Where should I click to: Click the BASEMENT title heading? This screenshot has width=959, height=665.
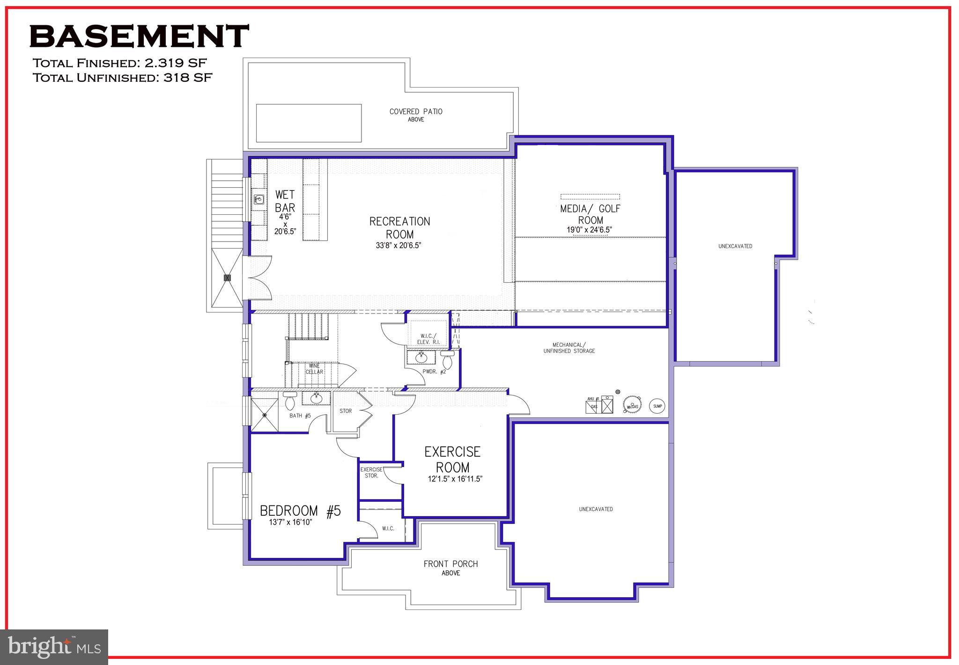[x=139, y=37]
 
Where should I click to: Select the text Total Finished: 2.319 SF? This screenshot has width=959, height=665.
[x=119, y=63]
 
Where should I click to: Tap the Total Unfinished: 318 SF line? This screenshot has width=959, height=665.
[x=122, y=78]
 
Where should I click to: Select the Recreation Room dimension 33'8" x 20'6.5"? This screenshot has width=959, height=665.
[x=398, y=245]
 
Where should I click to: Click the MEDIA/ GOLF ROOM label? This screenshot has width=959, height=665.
[x=590, y=214]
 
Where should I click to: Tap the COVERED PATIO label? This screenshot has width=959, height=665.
[x=416, y=112]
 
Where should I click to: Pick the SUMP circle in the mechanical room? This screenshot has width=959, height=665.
[x=657, y=406]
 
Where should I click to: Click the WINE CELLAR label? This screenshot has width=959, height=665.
[x=314, y=369]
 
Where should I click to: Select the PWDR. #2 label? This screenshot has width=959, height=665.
[x=434, y=372]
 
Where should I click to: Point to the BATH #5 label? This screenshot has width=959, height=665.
[x=300, y=416]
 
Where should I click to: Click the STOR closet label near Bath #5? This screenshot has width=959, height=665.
[x=346, y=411]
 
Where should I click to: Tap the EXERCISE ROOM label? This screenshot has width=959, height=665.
[x=452, y=459]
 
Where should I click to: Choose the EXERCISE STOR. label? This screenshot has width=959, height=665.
[x=371, y=472]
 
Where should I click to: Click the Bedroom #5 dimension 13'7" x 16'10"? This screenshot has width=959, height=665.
[x=290, y=522]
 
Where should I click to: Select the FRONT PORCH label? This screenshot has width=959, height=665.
[x=450, y=564]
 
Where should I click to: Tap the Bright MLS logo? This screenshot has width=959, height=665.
[x=54, y=647]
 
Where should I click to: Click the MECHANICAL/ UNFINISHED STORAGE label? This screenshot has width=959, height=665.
[x=569, y=348]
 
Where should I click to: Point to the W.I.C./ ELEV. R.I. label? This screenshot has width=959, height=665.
[x=428, y=339]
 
